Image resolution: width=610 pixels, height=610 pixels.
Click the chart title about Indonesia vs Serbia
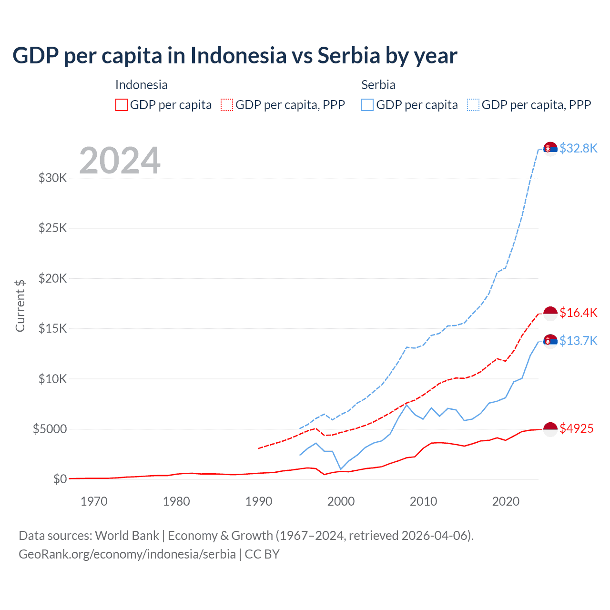234,56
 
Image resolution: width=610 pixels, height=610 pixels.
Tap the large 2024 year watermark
120,161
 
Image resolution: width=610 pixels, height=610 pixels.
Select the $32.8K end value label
578,148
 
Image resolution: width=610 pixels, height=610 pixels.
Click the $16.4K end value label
578,313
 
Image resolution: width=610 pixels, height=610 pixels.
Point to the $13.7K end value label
578,341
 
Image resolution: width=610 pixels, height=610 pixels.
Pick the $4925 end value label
576,428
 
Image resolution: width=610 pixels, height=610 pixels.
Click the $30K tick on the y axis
52,178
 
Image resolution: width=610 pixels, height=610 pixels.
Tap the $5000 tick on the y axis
50,429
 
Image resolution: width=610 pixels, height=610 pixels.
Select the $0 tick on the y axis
60,479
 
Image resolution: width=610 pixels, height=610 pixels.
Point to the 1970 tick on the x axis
94,501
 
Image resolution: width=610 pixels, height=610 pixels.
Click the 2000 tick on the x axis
341,501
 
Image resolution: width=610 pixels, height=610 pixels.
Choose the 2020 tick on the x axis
506,501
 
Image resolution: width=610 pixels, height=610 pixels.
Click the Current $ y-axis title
20,306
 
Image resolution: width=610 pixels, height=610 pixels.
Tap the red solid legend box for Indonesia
122,105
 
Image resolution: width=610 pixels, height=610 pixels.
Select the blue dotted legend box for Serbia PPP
473,105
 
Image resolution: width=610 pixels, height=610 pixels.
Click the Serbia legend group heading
378,85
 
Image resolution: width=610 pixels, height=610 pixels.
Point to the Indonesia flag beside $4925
550,429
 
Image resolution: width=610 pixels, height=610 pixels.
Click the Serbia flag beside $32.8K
550,149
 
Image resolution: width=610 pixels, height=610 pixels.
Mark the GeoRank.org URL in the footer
127,554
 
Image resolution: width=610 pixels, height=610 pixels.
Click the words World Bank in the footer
127,536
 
